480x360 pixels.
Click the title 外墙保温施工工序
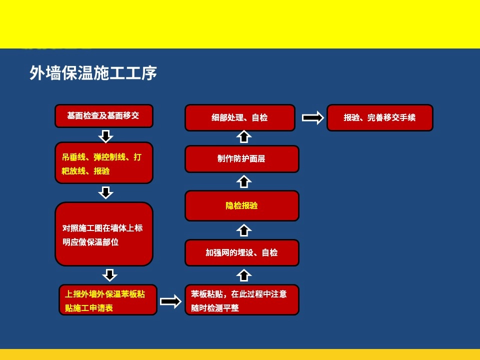[93, 73]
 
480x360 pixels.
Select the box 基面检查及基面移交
[104, 115]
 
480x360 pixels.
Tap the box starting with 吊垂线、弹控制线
[104, 163]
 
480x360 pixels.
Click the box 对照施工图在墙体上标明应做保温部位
[104, 234]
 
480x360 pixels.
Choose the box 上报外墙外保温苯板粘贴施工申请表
[108, 299]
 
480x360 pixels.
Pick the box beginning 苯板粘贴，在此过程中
[242, 299]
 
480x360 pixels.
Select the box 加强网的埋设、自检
[242, 253]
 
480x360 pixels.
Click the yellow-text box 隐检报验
[242, 205]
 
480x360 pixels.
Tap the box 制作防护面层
[242, 159]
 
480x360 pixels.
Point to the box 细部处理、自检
[240, 118]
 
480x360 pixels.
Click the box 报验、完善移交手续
[380, 118]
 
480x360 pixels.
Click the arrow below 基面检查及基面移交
[106, 136]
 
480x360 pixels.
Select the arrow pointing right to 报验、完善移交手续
[313, 118]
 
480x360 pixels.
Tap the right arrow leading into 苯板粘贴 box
[171, 302]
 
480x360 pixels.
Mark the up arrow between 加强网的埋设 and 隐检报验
[244, 230]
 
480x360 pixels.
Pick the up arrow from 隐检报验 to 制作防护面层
[244, 181]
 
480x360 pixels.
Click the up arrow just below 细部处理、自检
[244, 136]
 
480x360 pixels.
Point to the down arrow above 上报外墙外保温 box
[109, 275]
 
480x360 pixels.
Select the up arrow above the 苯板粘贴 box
[244, 275]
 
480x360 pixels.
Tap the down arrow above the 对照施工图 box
[106, 193]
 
